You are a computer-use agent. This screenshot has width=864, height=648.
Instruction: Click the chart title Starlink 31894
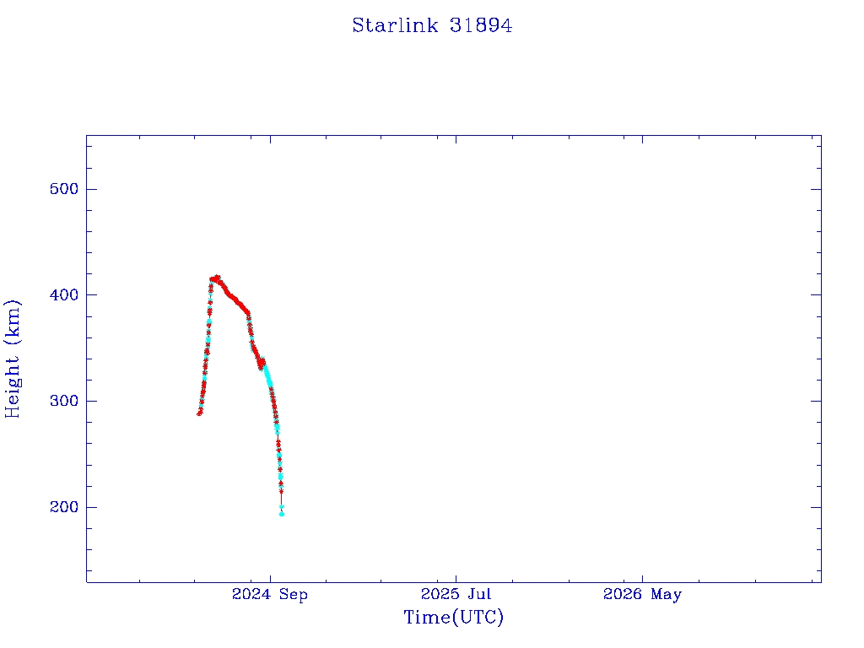click(x=432, y=25)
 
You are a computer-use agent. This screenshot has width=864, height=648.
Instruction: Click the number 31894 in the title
click(x=480, y=25)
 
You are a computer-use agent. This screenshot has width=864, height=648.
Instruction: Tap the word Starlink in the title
click(x=395, y=25)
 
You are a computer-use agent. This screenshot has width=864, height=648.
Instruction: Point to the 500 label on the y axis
click(x=64, y=189)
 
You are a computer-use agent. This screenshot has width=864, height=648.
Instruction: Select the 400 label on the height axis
click(x=64, y=294)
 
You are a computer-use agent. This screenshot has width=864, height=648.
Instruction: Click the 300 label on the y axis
click(x=64, y=401)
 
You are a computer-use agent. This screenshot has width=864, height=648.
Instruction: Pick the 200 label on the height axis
click(x=64, y=507)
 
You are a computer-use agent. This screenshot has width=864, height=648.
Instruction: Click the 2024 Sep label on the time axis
click(x=270, y=595)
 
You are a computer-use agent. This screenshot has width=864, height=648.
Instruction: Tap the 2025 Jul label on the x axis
click(x=456, y=594)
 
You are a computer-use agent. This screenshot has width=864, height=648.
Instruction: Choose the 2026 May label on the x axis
click(x=642, y=595)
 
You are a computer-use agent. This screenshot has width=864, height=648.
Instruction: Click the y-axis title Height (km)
click(x=12, y=359)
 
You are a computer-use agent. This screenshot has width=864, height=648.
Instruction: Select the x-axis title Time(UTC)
click(x=453, y=617)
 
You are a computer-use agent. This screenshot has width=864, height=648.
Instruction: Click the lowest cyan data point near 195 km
click(x=282, y=514)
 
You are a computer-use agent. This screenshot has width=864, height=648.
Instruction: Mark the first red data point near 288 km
click(x=199, y=413)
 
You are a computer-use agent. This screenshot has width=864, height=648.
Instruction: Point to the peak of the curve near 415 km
click(x=217, y=278)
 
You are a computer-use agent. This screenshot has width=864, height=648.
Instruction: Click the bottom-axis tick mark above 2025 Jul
click(x=456, y=577)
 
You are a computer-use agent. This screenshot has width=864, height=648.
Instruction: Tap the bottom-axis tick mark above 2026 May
click(x=642, y=577)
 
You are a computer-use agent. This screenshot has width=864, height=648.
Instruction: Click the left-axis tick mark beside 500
click(x=91, y=189)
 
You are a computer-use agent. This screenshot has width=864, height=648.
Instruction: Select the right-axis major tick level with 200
click(x=816, y=507)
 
